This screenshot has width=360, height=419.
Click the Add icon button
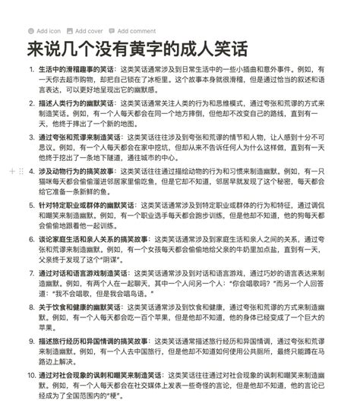coord(44,31)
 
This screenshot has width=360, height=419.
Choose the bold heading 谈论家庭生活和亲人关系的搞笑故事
coord(91,240)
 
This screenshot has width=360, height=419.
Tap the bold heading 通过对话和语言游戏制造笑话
coord(84,273)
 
